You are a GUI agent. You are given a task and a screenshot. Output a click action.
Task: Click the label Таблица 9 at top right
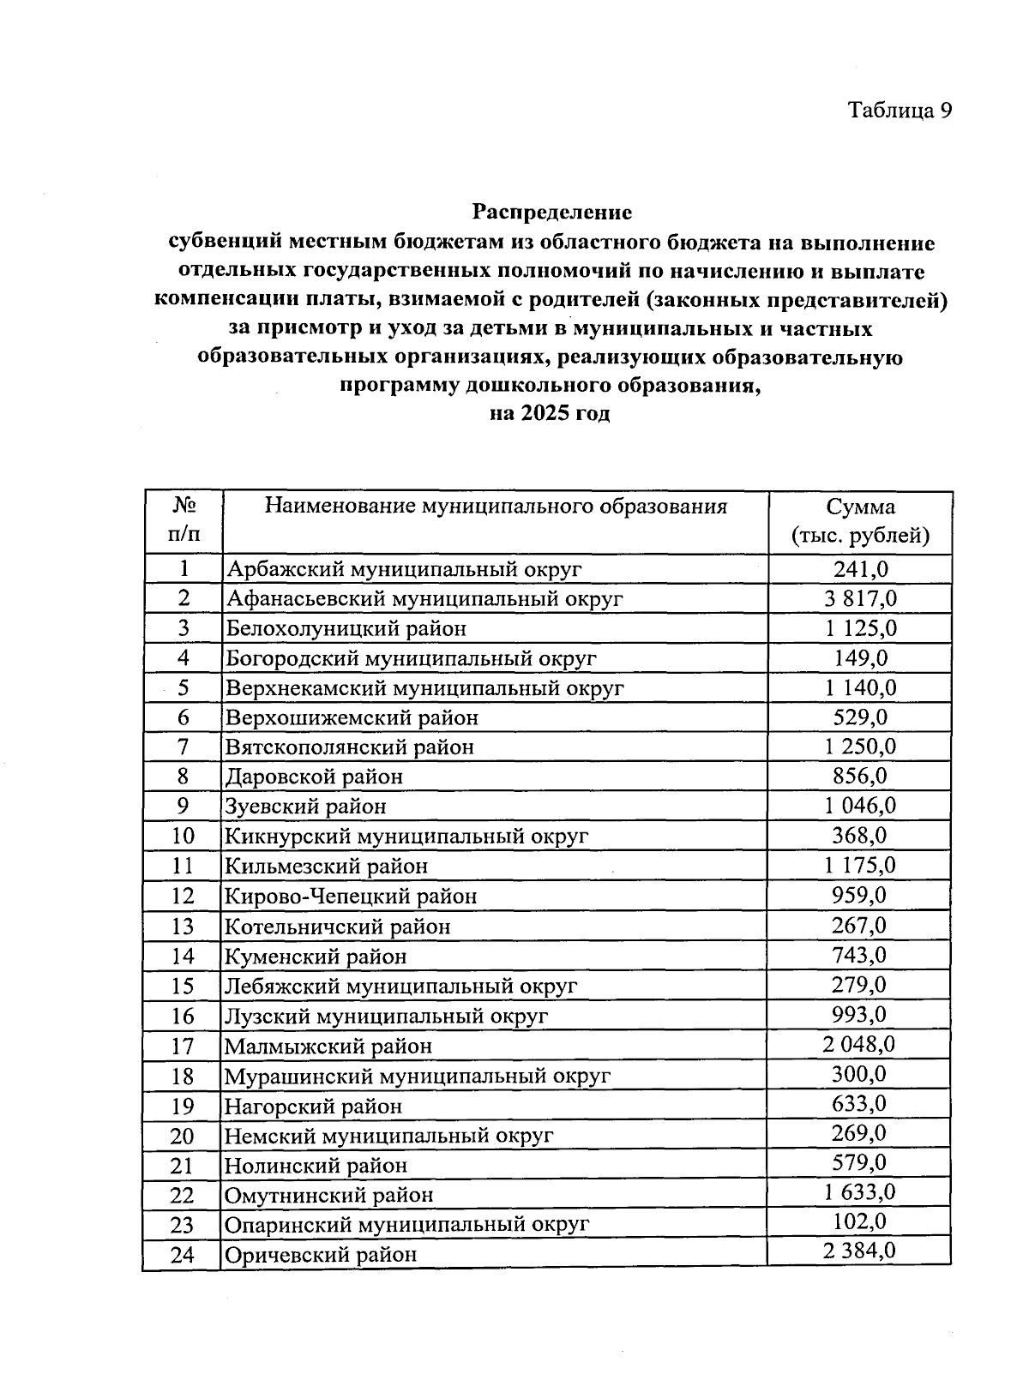pyautogui.click(x=900, y=111)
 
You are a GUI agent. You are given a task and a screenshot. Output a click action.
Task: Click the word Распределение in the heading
pyautogui.click(x=552, y=212)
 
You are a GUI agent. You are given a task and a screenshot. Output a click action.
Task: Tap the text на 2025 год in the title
pyautogui.click(x=550, y=414)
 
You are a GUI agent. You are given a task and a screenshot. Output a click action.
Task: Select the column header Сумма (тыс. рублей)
pyautogui.click(x=860, y=521)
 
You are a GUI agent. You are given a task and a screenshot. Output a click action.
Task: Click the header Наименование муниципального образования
pyautogui.click(x=496, y=506)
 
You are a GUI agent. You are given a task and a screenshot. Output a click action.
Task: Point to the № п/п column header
pyautogui.click(x=184, y=520)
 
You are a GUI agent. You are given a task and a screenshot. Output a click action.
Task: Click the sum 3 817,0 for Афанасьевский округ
pyautogui.click(x=860, y=598)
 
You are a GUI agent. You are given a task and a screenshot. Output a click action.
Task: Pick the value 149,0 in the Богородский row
pyautogui.click(x=860, y=657)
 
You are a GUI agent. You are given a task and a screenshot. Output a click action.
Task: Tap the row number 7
pyautogui.click(x=184, y=747)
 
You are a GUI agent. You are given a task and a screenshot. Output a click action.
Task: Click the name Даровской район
pyautogui.click(x=314, y=777)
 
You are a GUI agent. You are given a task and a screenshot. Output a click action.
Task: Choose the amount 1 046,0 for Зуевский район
pyautogui.click(x=860, y=806)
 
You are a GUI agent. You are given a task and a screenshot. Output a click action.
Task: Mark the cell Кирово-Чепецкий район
pyautogui.click(x=351, y=897)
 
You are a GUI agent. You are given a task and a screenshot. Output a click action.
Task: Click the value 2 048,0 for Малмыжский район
pyautogui.click(x=860, y=1044)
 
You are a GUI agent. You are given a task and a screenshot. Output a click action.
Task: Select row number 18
pyautogui.click(x=183, y=1076)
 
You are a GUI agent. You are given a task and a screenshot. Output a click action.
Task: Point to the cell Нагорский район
pyautogui.click(x=313, y=1106)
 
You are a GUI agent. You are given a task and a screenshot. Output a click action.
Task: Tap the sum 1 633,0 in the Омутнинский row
pyautogui.click(x=860, y=1192)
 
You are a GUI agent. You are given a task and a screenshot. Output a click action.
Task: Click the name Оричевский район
pyautogui.click(x=321, y=1255)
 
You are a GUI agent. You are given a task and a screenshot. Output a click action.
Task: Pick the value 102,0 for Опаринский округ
pyautogui.click(x=860, y=1222)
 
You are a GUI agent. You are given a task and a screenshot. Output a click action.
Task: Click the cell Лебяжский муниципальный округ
pyautogui.click(x=400, y=986)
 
